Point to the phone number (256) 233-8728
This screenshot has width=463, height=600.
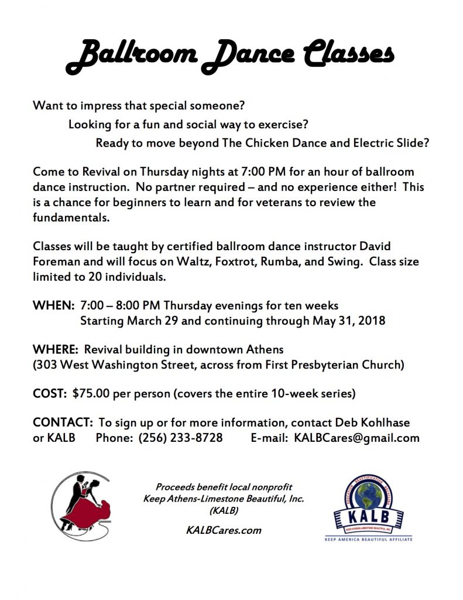tap(180, 438)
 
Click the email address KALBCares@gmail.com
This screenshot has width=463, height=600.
tap(356, 438)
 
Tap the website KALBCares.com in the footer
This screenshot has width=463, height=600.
tap(223, 530)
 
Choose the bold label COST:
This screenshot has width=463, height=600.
tap(50, 394)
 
